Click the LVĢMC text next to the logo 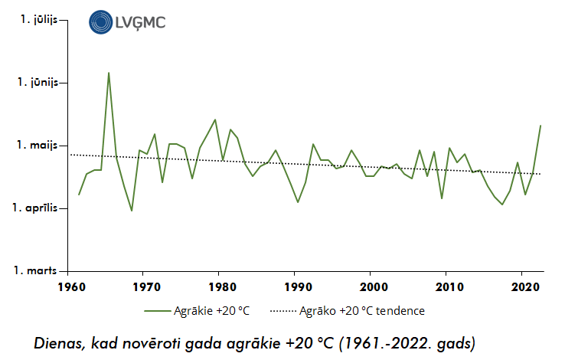[140, 23]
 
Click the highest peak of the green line [109, 73]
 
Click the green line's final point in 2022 [541, 126]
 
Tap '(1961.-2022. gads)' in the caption [407, 342]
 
